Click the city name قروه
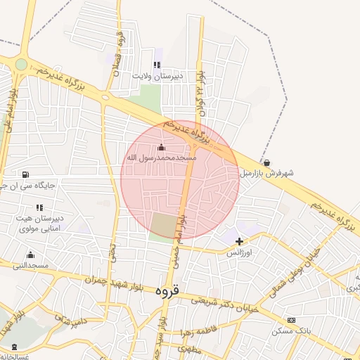[167, 290]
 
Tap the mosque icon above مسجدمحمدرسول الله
[161, 148]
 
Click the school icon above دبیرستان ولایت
[156, 65]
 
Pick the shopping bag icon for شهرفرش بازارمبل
[266, 162]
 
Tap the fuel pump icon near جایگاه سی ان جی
[26, 174]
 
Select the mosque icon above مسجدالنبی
[30, 255]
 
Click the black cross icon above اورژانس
[240, 241]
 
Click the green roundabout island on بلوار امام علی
[21, 64]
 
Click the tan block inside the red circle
[165, 225]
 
